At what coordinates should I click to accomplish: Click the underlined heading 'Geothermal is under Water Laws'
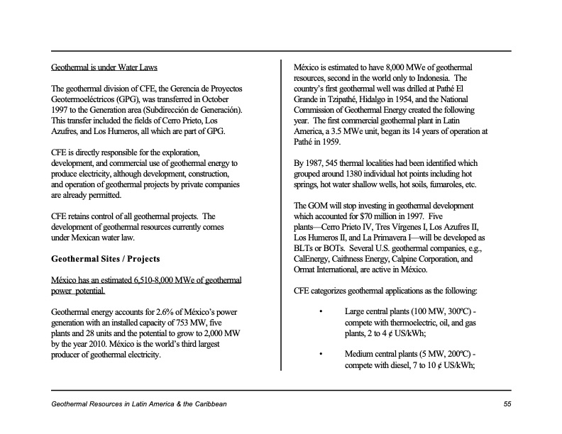(x=104, y=68)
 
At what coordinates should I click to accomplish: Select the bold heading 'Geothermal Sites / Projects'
(x=106, y=259)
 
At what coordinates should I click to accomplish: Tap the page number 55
(x=507, y=404)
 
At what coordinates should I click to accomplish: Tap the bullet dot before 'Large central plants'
(x=321, y=312)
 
